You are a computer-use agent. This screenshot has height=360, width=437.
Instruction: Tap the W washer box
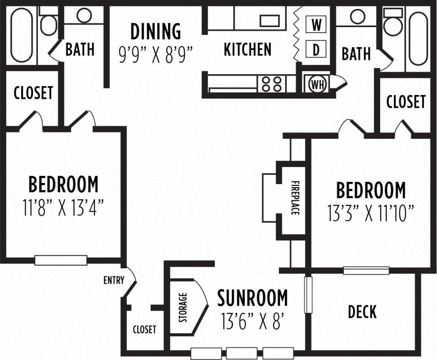(316, 25)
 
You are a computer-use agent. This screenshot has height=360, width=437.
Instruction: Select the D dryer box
(316, 50)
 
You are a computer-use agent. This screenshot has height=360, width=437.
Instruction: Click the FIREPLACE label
(295, 198)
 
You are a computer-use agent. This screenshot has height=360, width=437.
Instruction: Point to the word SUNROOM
(253, 298)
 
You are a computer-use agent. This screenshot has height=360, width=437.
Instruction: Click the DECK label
(362, 312)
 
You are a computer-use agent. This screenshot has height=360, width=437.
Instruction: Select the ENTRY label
(114, 280)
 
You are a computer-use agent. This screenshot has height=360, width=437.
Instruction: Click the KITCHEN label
(248, 50)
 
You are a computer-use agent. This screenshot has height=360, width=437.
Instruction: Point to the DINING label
(156, 32)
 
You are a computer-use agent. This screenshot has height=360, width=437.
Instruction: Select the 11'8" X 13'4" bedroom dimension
(63, 208)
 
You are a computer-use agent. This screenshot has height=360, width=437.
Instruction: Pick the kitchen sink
(269, 20)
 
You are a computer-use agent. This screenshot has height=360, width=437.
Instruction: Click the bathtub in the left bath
(21, 35)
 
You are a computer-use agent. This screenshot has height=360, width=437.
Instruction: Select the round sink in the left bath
(84, 16)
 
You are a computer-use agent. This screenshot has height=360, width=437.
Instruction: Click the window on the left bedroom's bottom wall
(61, 260)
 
